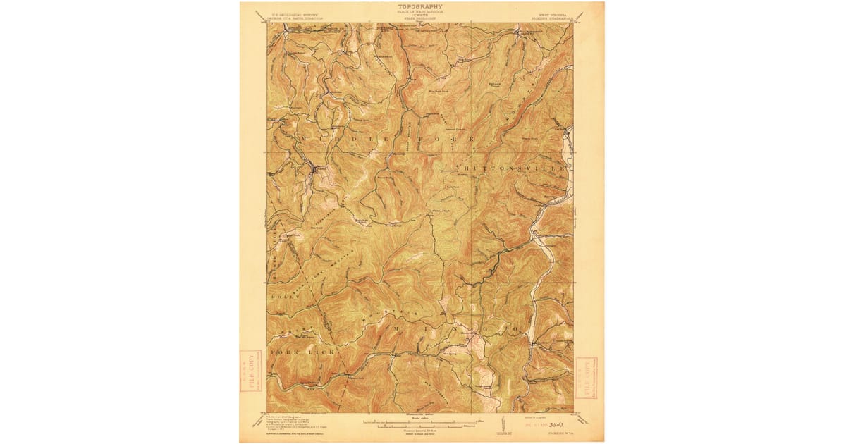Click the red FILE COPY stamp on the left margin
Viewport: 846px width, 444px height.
click(x=248, y=374)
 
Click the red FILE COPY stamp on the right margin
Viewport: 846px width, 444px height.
click(x=585, y=377)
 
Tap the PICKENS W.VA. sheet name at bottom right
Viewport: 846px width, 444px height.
click(x=562, y=432)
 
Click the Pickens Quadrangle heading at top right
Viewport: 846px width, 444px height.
click(x=554, y=16)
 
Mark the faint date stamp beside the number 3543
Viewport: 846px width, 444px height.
click(x=527, y=426)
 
